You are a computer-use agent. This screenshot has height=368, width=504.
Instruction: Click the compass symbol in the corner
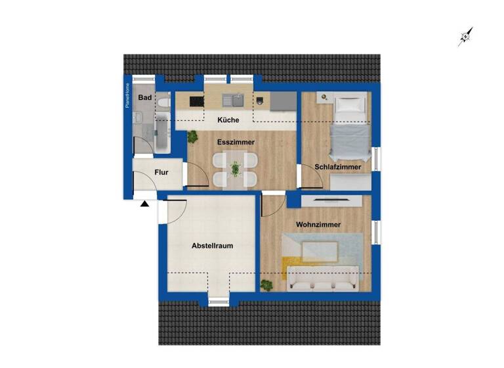[465, 37]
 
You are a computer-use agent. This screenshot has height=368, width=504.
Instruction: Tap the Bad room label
[145, 98]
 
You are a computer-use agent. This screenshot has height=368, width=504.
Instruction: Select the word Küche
[228, 120]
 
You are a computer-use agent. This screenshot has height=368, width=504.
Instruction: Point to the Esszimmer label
[236, 142]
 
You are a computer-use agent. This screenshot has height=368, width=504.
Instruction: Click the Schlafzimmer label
[338, 168]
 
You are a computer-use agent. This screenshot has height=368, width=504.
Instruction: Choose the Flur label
[161, 173]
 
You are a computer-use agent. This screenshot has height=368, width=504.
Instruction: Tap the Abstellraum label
[212, 246]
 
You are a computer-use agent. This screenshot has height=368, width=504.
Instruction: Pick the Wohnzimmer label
[318, 225]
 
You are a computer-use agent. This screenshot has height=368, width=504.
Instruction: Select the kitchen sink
[232, 101]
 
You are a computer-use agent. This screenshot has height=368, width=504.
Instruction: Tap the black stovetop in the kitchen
[196, 101]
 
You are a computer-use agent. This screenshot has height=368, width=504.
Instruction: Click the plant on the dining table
[235, 169]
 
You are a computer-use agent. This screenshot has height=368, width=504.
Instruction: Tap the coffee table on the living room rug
[320, 251]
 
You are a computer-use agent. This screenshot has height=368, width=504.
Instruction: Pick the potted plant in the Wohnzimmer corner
[267, 285]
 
